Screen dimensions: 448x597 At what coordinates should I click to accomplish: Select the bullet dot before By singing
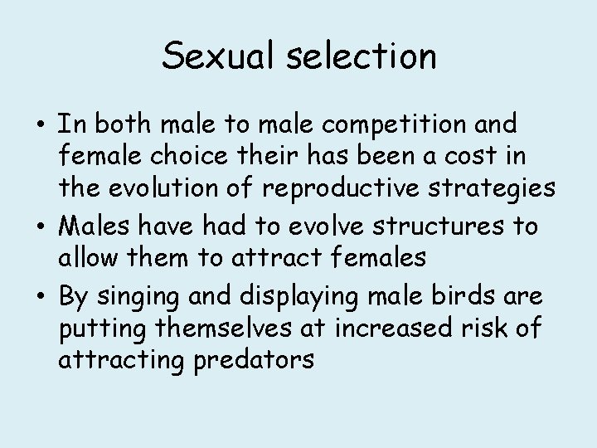tap(41, 295)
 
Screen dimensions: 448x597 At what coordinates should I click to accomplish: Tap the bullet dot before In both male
tap(41, 126)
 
